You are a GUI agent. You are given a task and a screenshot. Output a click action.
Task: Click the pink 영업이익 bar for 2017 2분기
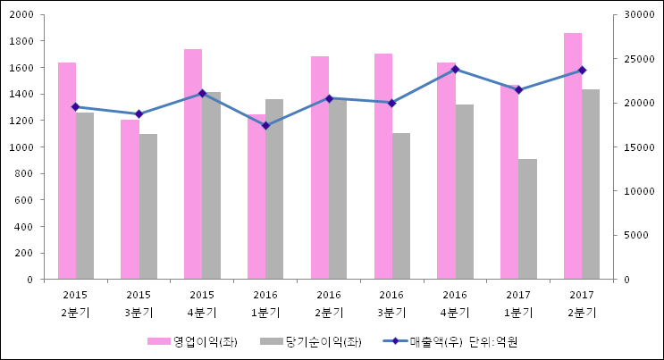click(573, 156)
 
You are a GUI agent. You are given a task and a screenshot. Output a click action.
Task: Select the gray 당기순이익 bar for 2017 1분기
click(527, 219)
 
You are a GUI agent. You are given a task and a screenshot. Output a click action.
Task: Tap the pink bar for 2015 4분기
click(193, 164)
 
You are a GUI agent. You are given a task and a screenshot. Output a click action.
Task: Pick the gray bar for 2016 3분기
click(400, 206)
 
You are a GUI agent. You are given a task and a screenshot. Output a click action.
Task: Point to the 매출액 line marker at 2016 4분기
click(455, 69)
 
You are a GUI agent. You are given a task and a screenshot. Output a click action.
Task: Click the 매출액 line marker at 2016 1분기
click(265, 125)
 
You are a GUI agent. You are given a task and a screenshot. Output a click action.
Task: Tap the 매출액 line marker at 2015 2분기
click(75, 106)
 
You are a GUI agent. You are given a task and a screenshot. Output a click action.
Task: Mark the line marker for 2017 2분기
click(582, 70)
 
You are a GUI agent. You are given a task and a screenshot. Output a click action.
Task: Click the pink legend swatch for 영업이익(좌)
click(158, 341)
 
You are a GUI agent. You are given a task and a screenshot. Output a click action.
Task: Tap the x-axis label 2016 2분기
click(329, 304)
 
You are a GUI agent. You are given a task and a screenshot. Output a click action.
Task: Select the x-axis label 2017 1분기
click(518, 304)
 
